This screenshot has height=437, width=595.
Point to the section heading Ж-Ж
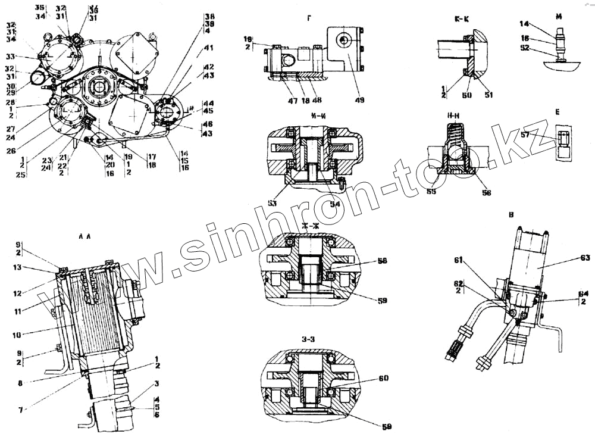pyautogui.click(x=309, y=226)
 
